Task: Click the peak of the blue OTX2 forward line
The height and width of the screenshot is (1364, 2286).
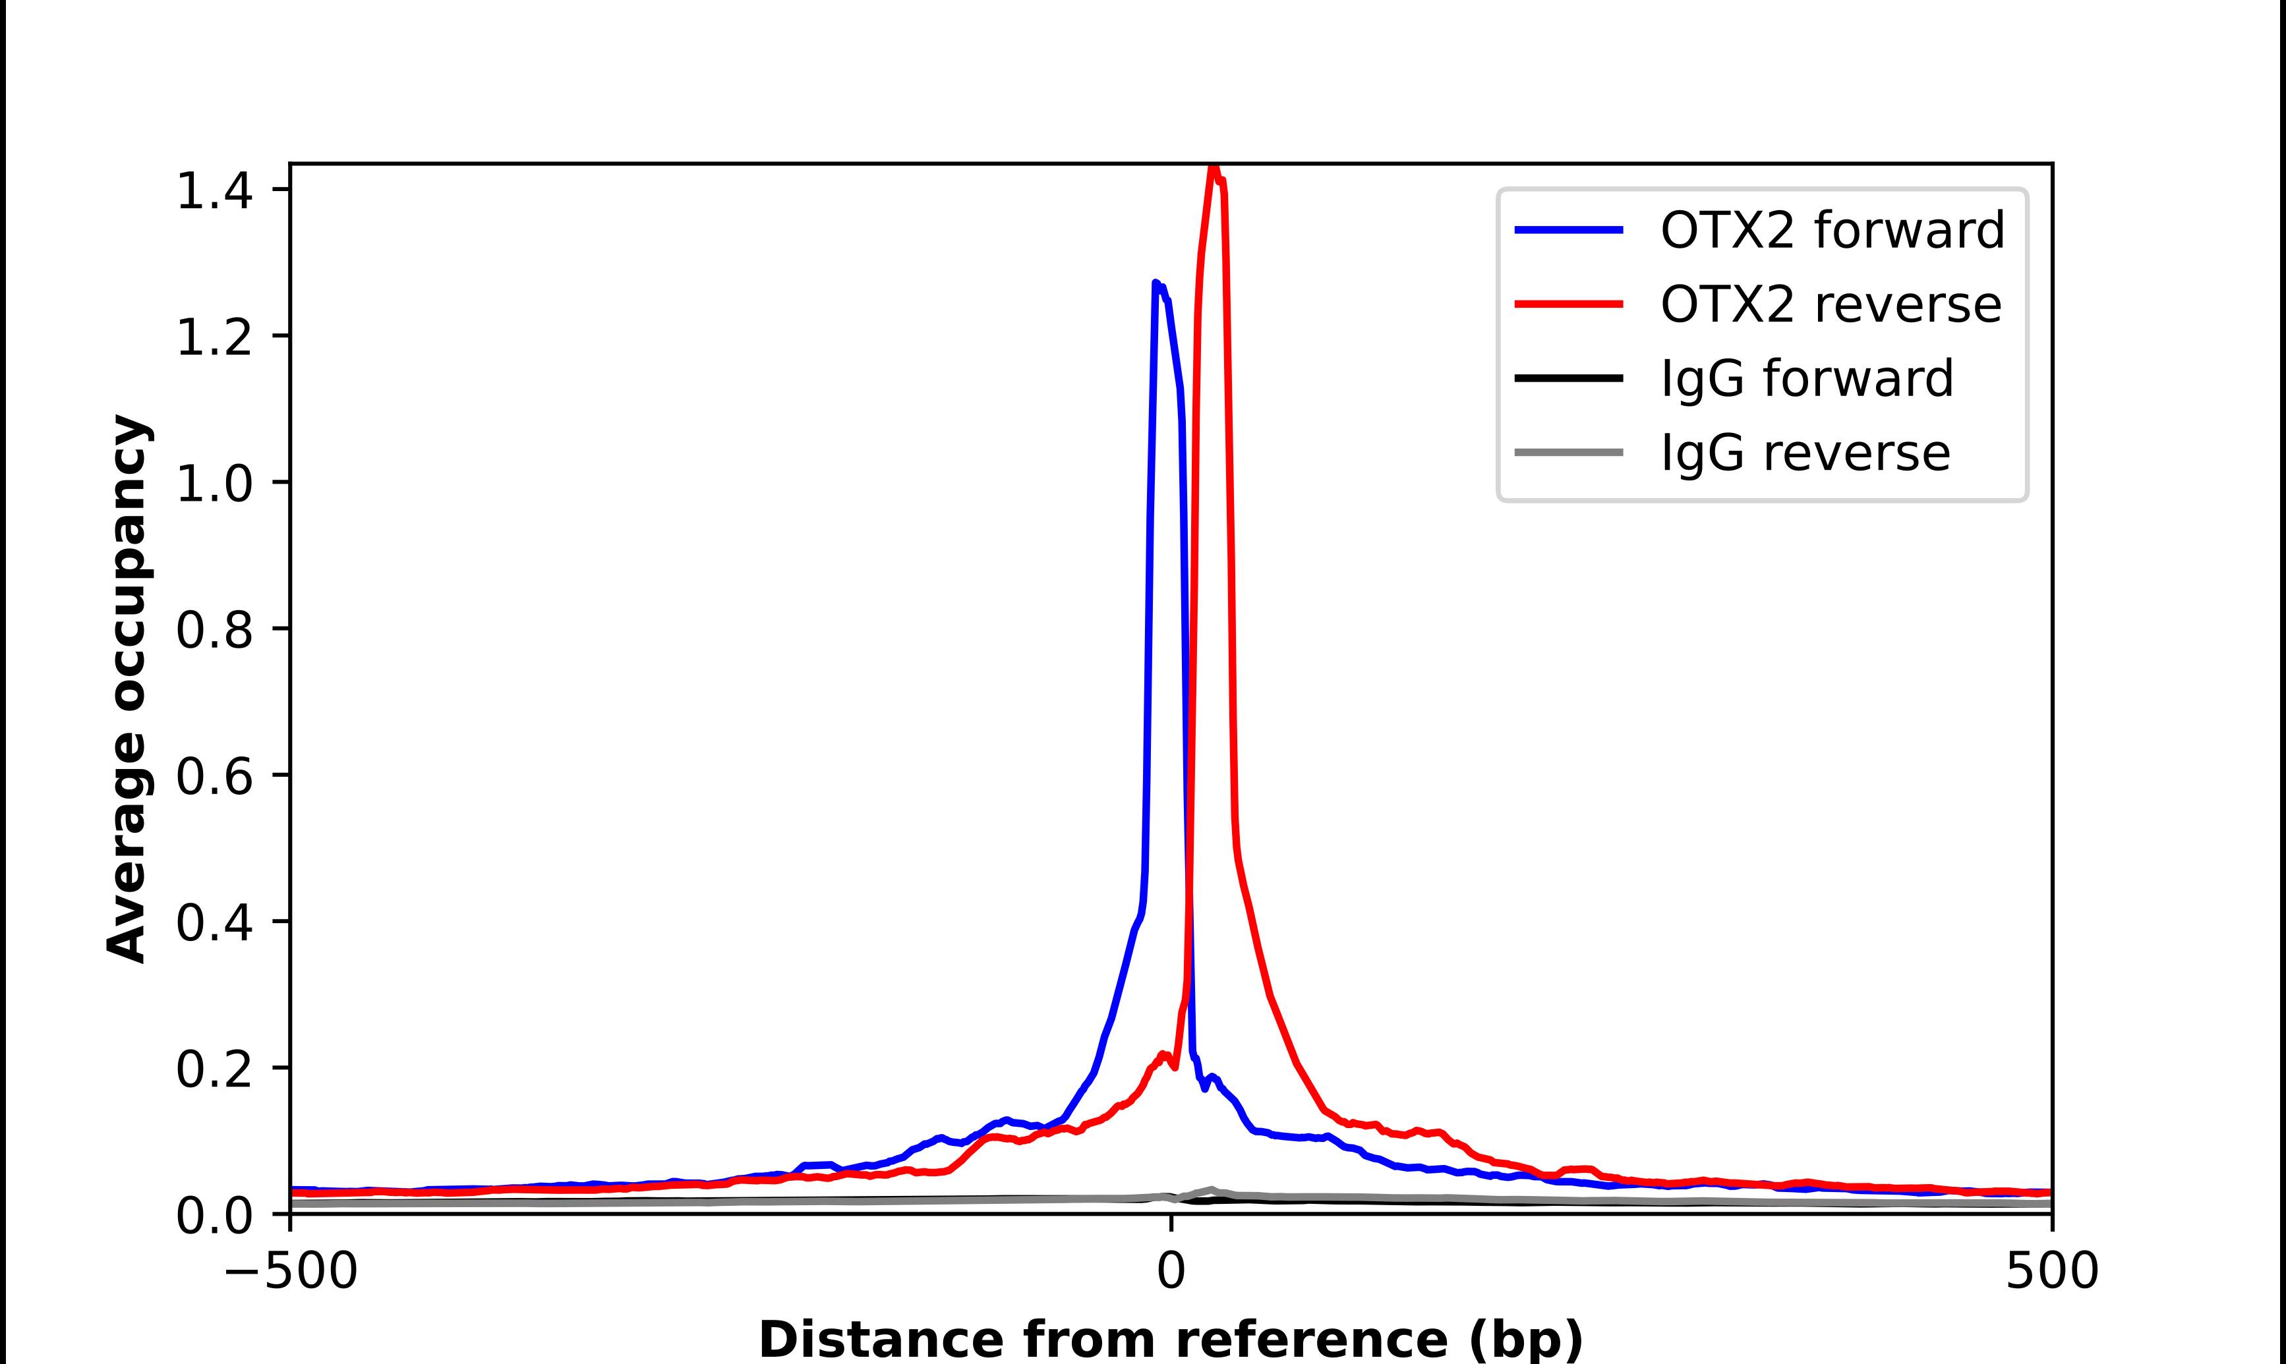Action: tap(1156, 283)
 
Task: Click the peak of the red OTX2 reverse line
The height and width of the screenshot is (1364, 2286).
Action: tap(1214, 166)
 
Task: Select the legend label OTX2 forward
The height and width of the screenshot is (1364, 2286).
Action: tap(1832, 230)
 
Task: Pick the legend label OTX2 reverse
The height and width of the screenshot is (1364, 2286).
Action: tap(1830, 304)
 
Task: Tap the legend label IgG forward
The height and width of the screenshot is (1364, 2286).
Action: tap(1806, 379)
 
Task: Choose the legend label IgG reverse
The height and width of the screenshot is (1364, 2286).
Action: tap(1804, 453)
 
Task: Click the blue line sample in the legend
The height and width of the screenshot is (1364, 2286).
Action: tap(1568, 230)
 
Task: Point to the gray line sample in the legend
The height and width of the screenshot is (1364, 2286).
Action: tap(1568, 452)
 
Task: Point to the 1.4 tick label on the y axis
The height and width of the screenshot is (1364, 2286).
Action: tap(214, 191)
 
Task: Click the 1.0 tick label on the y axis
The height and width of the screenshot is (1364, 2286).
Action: tap(214, 484)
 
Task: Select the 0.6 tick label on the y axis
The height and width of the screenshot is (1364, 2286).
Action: tap(214, 777)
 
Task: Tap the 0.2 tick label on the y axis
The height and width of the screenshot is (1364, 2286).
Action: tap(214, 1070)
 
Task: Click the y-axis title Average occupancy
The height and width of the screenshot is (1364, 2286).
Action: tap(127, 689)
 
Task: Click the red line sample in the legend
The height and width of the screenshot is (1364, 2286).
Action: tap(1568, 304)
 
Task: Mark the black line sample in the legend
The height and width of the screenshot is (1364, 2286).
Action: tap(1568, 378)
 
